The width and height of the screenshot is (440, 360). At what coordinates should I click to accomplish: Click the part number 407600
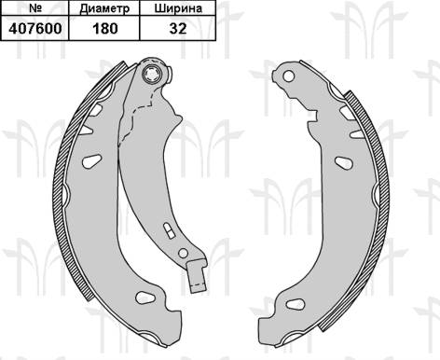pos(36,28)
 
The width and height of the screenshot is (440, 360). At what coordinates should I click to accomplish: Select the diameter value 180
pos(104,28)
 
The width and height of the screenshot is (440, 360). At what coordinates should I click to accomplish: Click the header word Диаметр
pos(104,9)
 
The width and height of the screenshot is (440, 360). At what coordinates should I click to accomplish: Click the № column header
pos(36,9)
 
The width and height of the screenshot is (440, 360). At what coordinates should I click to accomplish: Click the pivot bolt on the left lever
pos(153,76)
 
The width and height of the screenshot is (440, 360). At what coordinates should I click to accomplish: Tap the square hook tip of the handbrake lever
pos(195,277)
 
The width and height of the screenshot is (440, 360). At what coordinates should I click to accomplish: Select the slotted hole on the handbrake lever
pos(168,230)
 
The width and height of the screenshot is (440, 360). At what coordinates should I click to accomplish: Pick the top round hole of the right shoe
pos(287,73)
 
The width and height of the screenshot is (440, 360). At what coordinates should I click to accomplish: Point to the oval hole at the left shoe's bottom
pos(144,298)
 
